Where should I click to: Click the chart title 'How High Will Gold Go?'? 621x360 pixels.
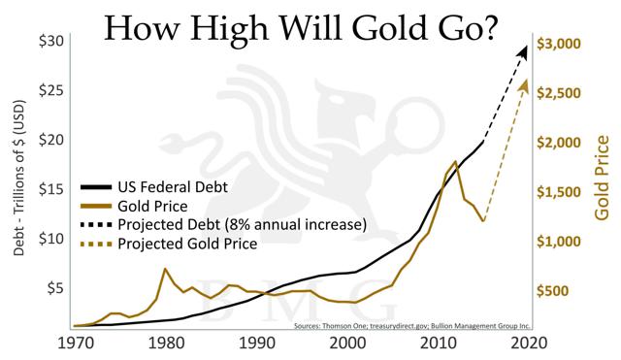coord(301,28)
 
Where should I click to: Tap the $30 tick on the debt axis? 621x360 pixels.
coord(51,41)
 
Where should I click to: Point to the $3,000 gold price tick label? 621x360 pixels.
coord(559,44)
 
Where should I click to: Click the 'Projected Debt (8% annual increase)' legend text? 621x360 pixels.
coord(242,225)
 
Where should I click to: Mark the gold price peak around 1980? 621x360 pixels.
coord(165,269)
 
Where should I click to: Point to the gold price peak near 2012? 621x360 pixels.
coord(456,161)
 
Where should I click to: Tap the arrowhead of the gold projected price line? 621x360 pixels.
coord(523,85)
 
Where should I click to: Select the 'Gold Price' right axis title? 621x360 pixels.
coord(602,178)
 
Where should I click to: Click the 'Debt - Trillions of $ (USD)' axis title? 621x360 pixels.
coord(19,179)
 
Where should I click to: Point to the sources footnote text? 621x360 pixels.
coord(411,326)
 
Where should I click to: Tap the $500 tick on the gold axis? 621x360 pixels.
coord(552,291)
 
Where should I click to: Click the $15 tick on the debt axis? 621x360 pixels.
coord(51,189)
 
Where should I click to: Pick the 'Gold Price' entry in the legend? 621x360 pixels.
coord(152,207)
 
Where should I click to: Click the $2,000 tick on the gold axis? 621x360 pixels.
coord(559,143)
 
